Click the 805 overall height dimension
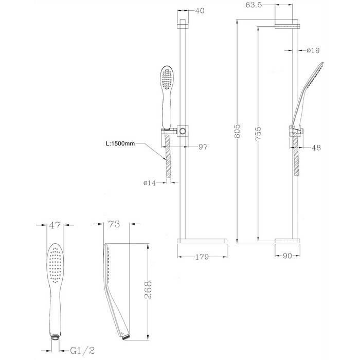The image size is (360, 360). click(237, 131)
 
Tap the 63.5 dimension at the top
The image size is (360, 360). click(254, 5)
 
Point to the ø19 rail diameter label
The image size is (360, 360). click(313, 50)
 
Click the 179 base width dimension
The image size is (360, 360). click(202, 257)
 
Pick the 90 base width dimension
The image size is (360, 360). click(287, 256)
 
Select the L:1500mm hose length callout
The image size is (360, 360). click(120, 143)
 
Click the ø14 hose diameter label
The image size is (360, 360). click(150, 183)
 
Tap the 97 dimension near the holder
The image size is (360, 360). click(203, 147)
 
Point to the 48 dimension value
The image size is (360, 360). click(316, 148)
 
